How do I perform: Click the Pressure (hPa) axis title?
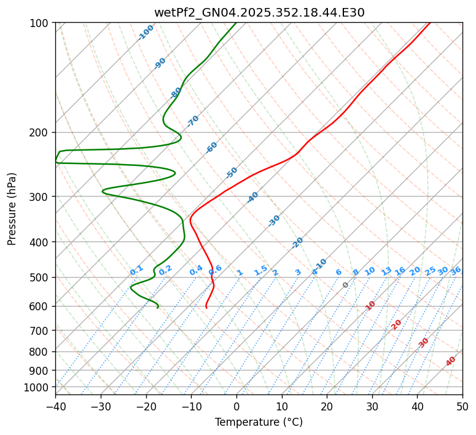pos(12,209)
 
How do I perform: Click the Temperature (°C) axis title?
pos(259,423)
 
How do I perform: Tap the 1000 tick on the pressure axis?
pos(38,387)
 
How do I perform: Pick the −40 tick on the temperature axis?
pos(55,406)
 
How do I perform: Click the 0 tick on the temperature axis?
pos(236,406)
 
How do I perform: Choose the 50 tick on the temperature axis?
pos(462,406)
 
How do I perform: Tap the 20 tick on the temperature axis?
pos(327,406)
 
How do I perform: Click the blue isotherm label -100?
pos(146,33)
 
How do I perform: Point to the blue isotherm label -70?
pos(193,121)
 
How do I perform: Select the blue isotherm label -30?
pos(274,220)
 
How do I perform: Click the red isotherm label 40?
pos(451,361)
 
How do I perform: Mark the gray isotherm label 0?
pos(346,285)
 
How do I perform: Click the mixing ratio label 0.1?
pos(136,270)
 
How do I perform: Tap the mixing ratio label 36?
pos(456,270)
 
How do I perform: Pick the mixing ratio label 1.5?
pos(260,270)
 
